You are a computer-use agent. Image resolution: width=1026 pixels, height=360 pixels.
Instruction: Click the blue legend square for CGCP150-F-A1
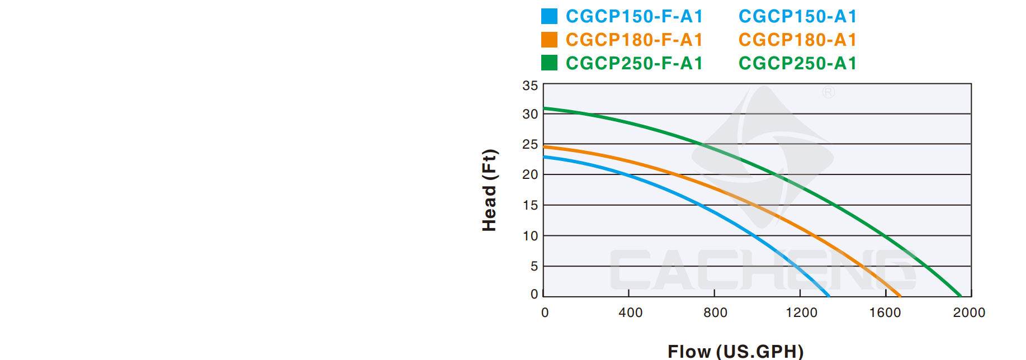point(549,16)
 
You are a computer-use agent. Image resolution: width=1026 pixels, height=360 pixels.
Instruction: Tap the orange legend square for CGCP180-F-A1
point(549,40)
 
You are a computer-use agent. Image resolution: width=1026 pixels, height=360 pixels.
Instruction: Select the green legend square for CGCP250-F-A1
point(549,63)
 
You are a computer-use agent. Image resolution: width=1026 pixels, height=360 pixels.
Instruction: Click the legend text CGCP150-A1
point(797,16)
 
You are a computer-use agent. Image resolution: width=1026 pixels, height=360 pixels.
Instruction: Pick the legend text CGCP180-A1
point(797,40)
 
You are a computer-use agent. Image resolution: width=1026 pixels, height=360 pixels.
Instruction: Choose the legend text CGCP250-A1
point(797,63)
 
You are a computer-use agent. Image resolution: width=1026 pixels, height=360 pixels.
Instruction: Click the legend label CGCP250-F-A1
point(634,63)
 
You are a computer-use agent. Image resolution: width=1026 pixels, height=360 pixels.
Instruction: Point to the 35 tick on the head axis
point(530,86)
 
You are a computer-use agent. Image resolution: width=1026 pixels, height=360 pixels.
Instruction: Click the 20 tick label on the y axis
point(530,174)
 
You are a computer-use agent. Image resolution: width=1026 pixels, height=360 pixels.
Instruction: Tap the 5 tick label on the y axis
point(534,266)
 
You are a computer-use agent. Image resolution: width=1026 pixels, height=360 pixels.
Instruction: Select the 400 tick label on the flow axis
point(630,312)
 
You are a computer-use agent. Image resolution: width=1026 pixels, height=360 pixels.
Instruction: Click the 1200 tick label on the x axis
point(801,312)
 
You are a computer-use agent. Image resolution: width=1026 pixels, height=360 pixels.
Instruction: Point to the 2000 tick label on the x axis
point(969,312)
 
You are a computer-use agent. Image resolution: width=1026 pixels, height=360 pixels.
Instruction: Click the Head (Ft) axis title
point(489,190)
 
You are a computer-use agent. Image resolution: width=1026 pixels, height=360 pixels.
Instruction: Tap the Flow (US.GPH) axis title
point(735,351)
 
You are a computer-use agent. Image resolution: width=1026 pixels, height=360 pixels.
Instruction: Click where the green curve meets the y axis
point(544,108)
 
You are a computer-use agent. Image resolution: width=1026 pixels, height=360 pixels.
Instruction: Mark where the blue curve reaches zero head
point(828,296)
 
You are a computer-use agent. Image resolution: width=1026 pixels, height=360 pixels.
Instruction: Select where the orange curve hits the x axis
point(900,296)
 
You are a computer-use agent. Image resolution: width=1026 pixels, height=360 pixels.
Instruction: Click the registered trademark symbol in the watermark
point(829,92)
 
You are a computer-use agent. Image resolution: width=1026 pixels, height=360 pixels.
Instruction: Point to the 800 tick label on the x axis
point(715,312)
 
